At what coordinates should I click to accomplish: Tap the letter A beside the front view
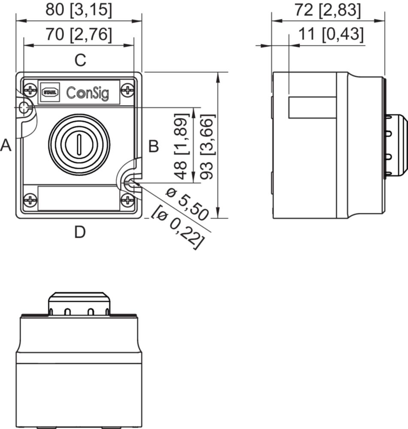(6, 145)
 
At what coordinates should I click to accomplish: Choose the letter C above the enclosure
(81, 60)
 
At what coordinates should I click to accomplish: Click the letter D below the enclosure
(80, 232)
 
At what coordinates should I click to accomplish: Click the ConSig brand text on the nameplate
(88, 93)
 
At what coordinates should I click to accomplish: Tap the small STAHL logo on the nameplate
(50, 92)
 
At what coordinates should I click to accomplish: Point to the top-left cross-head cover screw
(30, 90)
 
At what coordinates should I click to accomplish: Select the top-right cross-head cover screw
(127, 90)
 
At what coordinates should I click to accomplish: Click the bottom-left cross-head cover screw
(30, 200)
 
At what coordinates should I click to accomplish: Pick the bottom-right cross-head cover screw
(127, 200)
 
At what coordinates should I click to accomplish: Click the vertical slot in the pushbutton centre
(79, 144)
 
